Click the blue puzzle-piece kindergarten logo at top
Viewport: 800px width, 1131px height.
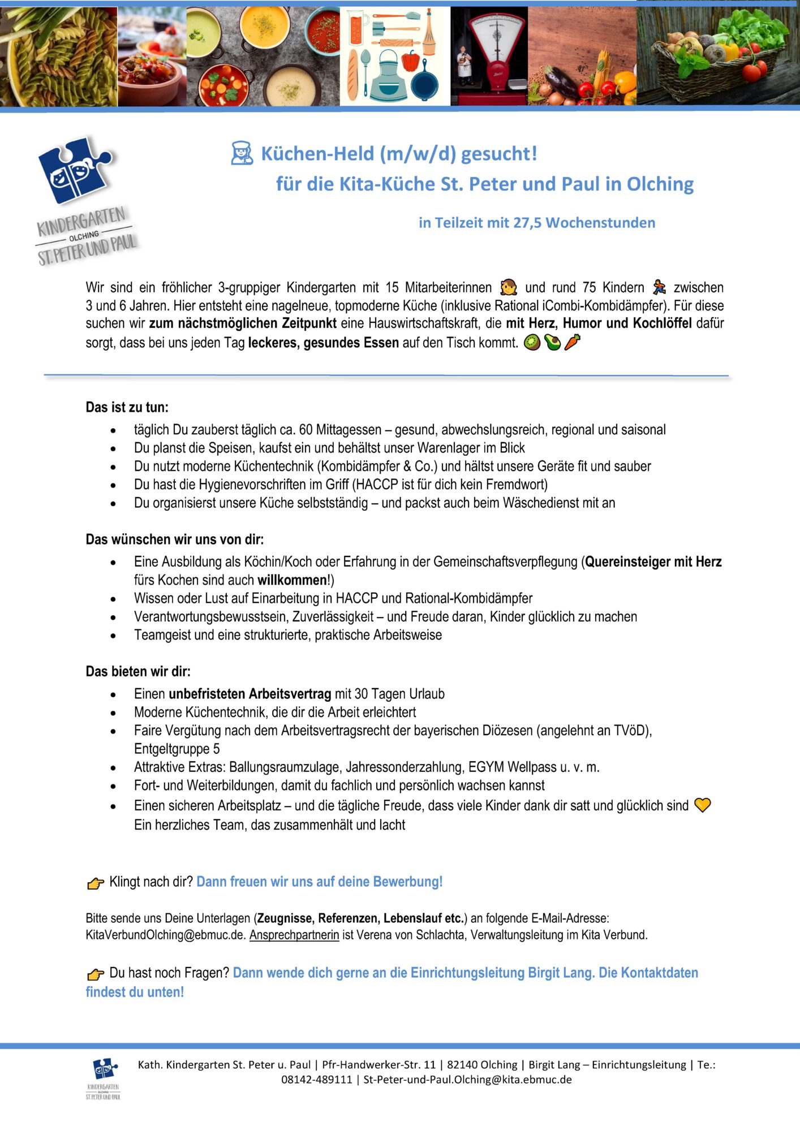pyautogui.click(x=75, y=170)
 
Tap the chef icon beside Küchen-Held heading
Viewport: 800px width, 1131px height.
pyautogui.click(x=242, y=153)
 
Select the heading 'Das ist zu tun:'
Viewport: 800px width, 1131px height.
pyautogui.click(x=127, y=407)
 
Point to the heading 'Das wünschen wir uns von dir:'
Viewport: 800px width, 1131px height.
pyautogui.click(x=175, y=539)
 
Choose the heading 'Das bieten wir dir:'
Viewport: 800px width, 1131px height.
pyautogui.click(x=138, y=671)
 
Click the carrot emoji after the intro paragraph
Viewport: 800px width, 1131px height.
pyautogui.click(x=572, y=342)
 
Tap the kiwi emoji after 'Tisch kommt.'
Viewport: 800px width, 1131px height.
pyautogui.click(x=532, y=342)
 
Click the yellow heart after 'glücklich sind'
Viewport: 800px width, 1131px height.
pyautogui.click(x=702, y=805)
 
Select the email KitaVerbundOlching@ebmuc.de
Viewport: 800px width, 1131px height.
pyautogui.click(x=166, y=935)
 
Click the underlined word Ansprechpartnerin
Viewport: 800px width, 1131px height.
pyautogui.click(x=294, y=935)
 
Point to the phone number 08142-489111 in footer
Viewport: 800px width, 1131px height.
pyautogui.click(x=317, y=1080)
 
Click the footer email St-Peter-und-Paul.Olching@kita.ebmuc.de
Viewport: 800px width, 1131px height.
pyautogui.click(x=467, y=1080)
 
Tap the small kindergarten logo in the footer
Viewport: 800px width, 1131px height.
pyautogui.click(x=104, y=1077)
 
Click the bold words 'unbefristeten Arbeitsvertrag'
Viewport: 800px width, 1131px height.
pyautogui.click(x=250, y=694)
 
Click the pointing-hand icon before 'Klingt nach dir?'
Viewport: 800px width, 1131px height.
pyautogui.click(x=96, y=883)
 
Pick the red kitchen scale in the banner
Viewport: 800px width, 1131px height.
pyautogui.click(x=489, y=57)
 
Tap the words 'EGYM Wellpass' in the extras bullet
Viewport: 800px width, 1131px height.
pyautogui.click(x=512, y=767)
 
